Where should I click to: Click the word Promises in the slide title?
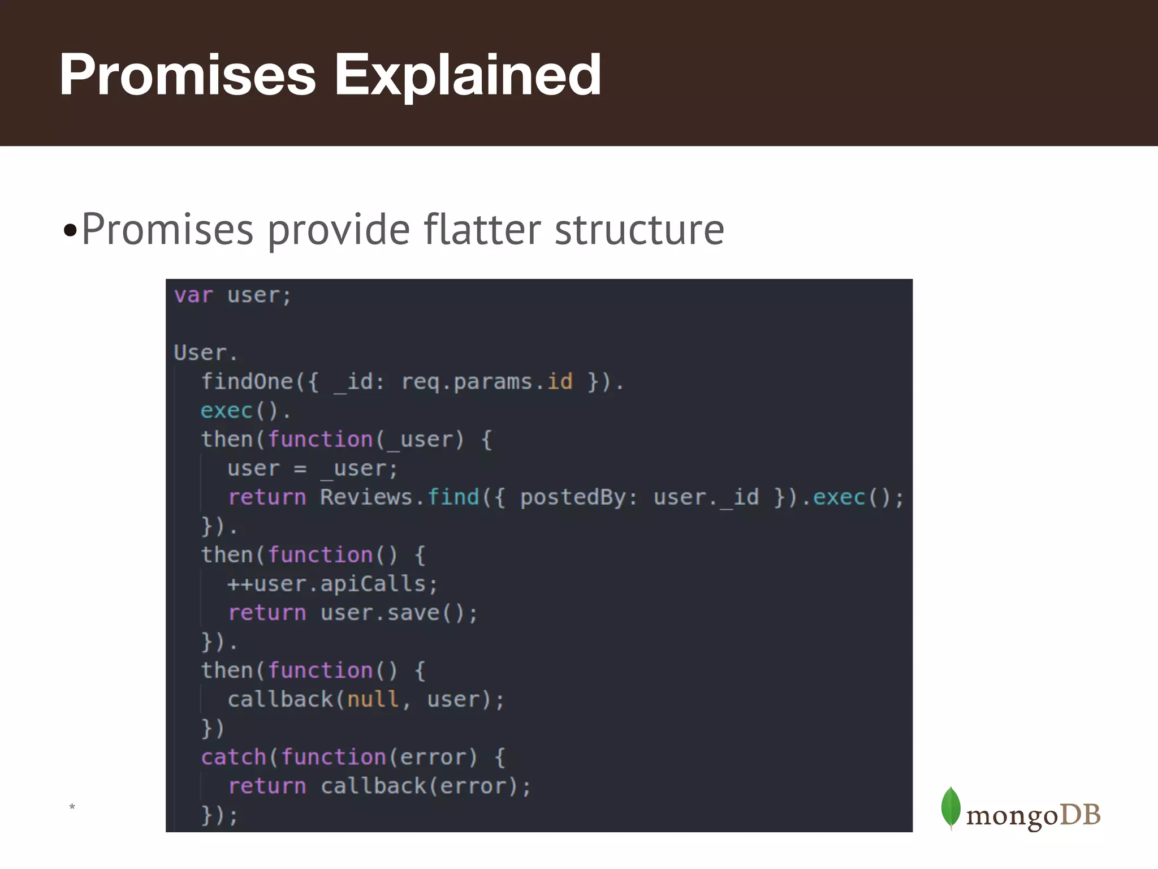click(187, 75)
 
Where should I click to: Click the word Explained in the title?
click(468, 75)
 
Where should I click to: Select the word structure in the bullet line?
click(639, 229)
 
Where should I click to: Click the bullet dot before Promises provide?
click(70, 231)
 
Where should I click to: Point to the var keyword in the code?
click(193, 295)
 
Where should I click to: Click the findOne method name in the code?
click(247, 382)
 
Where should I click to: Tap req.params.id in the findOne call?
click(486, 382)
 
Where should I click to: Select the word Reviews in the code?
click(366, 497)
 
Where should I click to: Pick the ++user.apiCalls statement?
click(332, 584)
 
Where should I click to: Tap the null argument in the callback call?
click(373, 700)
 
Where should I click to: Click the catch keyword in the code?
click(233, 757)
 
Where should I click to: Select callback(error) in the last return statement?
click(419, 786)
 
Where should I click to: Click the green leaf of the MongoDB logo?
click(950, 807)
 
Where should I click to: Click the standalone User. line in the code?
click(205, 353)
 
